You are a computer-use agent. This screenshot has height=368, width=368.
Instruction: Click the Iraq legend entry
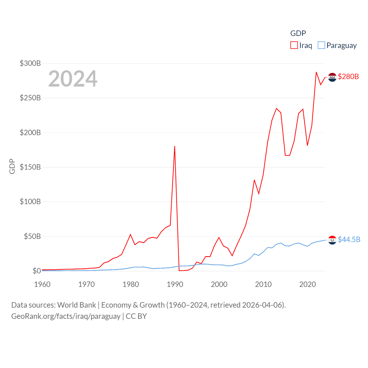click(x=301, y=45)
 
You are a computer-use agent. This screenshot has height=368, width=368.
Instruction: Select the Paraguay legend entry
click(x=337, y=45)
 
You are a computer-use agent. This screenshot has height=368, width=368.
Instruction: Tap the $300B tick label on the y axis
click(x=30, y=63)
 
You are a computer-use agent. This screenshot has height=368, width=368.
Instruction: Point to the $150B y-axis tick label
click(x=30, y=167)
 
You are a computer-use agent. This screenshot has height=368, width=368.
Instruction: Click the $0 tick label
click(x=37, y=271)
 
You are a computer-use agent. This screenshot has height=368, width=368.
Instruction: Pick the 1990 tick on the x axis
click(x=175, y=284)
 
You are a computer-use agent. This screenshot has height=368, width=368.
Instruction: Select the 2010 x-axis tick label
click(x=263, y=284)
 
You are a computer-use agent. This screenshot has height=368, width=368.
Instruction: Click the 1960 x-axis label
click(x=42, y=284)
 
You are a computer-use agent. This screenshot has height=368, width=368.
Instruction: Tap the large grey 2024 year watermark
click(x=73, y=79)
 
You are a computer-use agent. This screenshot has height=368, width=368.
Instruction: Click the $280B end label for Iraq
click(x=348, y=76)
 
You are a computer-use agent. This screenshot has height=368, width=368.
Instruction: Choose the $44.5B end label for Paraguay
click(x=349, y=239)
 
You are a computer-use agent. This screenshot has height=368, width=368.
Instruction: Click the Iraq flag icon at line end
click(x=332, y=77)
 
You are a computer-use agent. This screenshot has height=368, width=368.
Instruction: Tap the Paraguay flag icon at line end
click(x=332, y=240)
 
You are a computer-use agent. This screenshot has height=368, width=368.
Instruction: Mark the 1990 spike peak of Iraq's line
click(x=175, y=146)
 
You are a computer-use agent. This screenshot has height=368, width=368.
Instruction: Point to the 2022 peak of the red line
click(x=316, y=72)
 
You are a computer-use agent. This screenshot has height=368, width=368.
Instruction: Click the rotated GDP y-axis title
click(x=12, y=166)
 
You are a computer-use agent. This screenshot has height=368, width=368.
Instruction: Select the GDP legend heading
click(x=298, y=33)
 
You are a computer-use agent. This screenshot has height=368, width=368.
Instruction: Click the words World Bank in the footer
click(x=76, y=305)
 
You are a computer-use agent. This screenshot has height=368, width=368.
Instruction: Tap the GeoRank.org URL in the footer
click(x=66, y=316)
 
